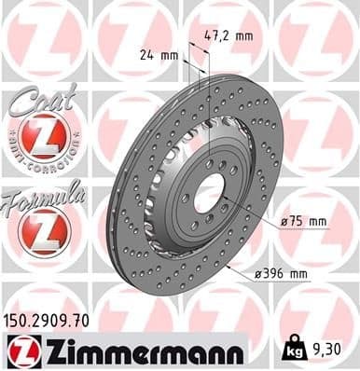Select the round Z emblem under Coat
pos(44,138)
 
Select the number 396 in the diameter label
pos(275,273)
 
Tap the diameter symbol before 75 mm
pos(283,221)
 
